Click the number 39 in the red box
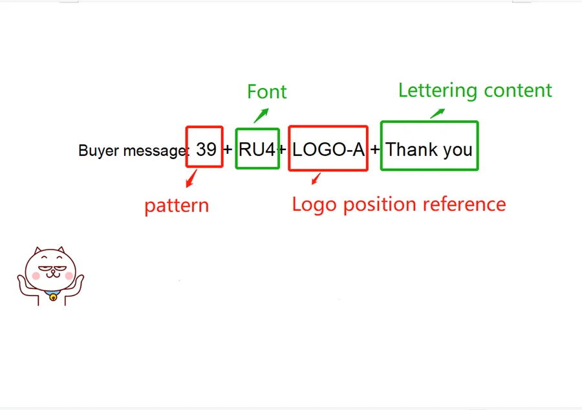(x=206, y=149)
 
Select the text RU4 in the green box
(x=257, y=149)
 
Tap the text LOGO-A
(x=329, y=149)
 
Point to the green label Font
(x=266, y=92)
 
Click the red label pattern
(x=177, y=206)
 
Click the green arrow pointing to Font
(x=261, y=115)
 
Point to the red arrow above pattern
(x=191, y=178)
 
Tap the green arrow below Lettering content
(x=438, y=113)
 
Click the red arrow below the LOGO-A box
(x=316, y=178)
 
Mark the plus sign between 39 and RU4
(x=228, y=150)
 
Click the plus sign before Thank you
(x=375, y=150)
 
